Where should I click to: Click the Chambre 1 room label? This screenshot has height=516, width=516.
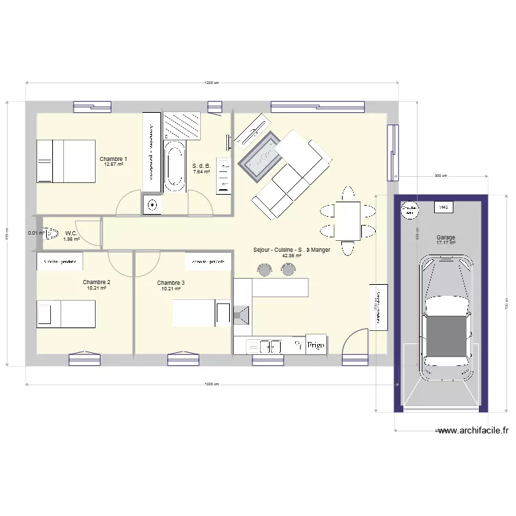click(x=113, y=159)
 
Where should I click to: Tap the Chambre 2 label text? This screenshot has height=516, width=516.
click(x=96, y=282)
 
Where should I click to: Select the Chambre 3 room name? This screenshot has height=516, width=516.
click(x=171, y=283)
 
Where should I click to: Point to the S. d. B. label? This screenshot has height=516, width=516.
click(x=201, y=166)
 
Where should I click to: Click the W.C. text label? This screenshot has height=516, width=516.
click(x=72, y=233)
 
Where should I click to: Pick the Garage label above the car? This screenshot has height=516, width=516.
click(x=445, y=237)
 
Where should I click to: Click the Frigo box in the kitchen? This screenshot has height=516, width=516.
click(x=316, y=345)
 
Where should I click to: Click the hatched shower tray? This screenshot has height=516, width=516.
click(x=183, y=125)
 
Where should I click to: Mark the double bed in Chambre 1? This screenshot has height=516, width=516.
click(x=65, y=161)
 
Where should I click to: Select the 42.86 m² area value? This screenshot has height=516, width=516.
click(x=292, y=256)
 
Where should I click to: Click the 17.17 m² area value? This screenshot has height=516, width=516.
click(x=445, y=243)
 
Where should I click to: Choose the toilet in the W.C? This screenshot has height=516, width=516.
click(x=50, y=233)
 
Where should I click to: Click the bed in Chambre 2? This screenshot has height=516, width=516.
click(x=66, y=313)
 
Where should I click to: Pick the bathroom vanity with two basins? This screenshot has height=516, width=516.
click(x=224, y=175)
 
